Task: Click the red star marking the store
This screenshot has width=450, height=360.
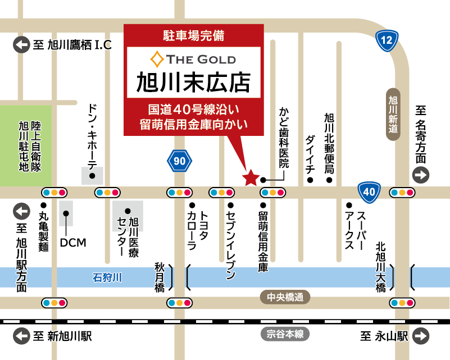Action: click(250, 178)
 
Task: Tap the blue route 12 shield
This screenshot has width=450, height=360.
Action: click(387, 40)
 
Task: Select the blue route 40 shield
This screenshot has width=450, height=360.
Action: click(369, 192)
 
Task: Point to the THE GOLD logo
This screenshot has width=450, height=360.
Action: click(193, 59)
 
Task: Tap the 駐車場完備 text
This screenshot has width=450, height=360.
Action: click(193, 35)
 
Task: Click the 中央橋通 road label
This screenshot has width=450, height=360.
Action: click(285, 297)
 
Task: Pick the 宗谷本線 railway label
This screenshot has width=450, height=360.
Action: click(285, 334)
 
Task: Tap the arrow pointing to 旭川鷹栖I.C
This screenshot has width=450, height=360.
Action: click(21, 44)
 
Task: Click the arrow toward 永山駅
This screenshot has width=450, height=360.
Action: click(420, 336)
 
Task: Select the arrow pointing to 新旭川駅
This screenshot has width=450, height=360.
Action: click(21, 336)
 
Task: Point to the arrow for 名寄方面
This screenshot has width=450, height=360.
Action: click(420, 175)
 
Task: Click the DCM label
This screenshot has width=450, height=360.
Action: click(73, 243)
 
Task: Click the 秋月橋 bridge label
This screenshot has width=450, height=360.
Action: click(160, 276)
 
